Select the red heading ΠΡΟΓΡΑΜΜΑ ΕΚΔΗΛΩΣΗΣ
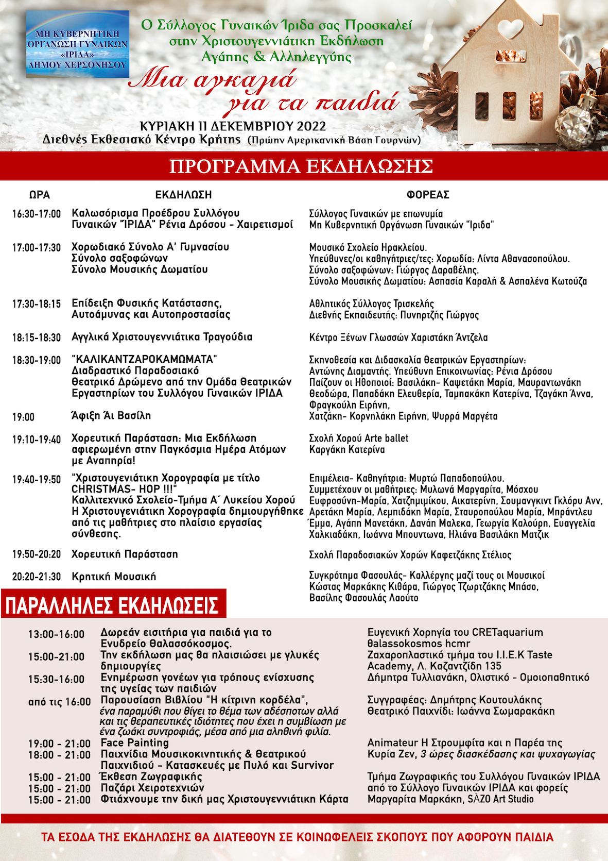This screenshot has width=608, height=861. [301, 166]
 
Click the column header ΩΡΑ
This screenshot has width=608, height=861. [40, 195]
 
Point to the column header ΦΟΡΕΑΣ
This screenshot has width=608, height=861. [428, 195]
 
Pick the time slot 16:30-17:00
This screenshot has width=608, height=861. [37, 214]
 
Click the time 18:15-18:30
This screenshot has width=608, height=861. [37, 337]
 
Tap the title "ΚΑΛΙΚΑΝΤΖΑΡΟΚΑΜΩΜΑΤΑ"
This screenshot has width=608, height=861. [145, 359]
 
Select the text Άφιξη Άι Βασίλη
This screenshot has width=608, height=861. [111, 416]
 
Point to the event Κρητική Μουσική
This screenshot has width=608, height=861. [114, 577]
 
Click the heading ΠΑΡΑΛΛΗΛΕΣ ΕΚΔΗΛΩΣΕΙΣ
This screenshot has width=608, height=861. [112, 606]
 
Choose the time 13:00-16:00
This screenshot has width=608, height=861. [56, 634]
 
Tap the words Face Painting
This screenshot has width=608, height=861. [135, 743]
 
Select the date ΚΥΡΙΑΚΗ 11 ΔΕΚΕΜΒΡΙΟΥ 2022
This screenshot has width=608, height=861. [233, 126]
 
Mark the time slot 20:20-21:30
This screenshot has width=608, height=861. [37, 577]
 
